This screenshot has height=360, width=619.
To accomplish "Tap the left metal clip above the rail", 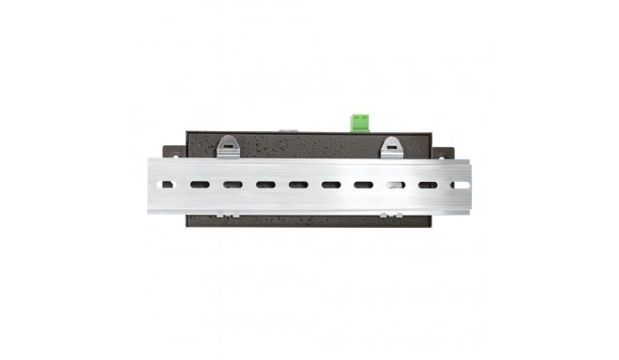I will pos(228,145).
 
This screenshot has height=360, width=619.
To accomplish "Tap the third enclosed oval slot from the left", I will pos(265,185).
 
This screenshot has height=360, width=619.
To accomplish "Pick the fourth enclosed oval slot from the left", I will pos(298,185).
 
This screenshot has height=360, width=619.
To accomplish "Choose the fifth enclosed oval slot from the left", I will pos(331,185).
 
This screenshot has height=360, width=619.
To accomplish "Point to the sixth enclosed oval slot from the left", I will pos(364,185).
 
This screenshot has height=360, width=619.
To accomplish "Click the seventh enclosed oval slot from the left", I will pos(396,185).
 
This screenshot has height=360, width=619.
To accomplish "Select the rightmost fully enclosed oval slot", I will pos(428,185).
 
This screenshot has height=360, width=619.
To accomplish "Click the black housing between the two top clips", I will pos(309,145).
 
